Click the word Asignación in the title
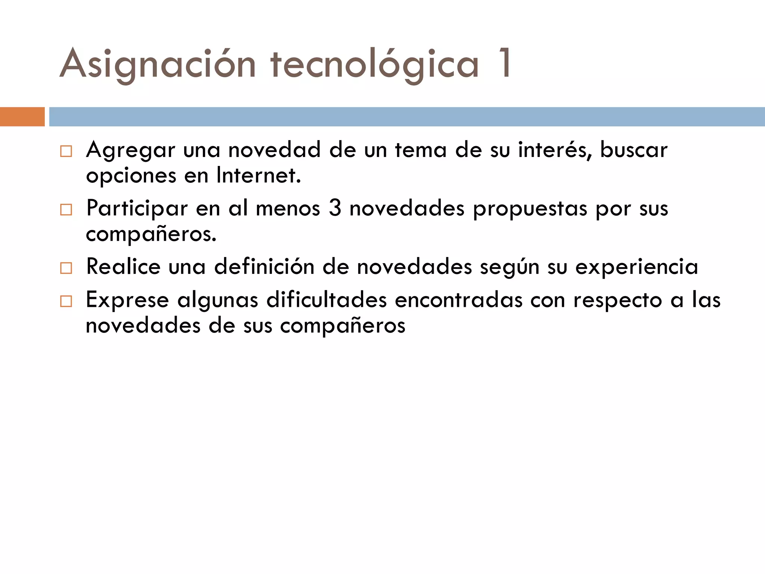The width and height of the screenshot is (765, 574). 157,64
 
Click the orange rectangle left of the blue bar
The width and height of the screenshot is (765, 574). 22,117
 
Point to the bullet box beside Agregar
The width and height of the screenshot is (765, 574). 66,152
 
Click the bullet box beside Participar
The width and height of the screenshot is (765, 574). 66,210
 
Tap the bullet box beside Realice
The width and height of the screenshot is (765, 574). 66,268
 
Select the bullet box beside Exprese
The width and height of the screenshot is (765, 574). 66,301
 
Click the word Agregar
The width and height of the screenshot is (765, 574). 130,150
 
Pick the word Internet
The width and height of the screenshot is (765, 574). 258,175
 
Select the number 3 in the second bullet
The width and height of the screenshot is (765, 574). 335,208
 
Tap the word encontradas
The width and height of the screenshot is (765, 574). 458,300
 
